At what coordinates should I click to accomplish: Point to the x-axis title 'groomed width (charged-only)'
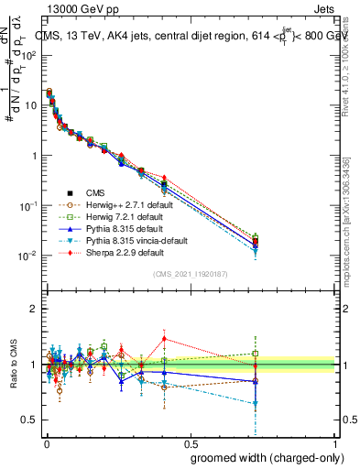pyautogui.click(x=264, y=456)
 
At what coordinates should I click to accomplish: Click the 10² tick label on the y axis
pyautogui.click(x=28, y=55)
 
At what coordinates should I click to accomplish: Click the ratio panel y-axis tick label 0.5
pyautogui.click(x=30, y=420)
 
